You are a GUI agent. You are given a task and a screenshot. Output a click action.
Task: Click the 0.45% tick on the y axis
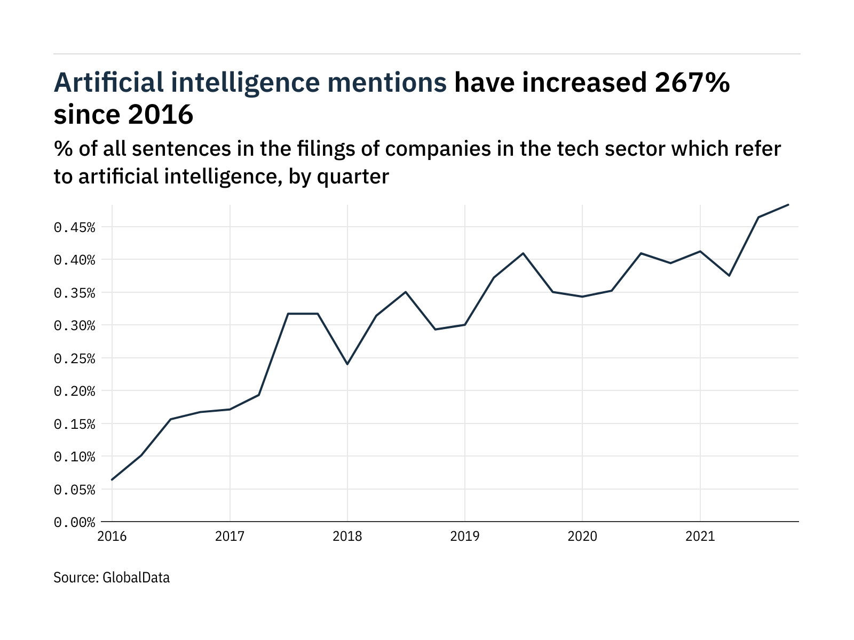tap(74, 228)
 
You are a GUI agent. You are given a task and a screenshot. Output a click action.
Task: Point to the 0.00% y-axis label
tap(74, 522)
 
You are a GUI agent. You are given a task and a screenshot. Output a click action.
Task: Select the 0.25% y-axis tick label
tap(74, 358)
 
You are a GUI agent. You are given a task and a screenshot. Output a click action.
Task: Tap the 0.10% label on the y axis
tap(74, 457)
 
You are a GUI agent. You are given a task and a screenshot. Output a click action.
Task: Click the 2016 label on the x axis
tap(112, 536)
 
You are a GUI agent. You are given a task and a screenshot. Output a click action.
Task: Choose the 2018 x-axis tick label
tap(347, 536)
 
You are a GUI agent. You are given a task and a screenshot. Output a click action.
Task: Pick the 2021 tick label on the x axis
tap(700, 536)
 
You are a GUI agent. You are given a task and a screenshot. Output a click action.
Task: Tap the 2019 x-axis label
tap(465, 536)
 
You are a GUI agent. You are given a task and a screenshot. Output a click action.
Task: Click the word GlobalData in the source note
tap(136, 578)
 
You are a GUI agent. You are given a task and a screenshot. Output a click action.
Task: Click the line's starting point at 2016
tap(112, 479)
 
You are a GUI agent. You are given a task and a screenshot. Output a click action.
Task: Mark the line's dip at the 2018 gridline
tap(347, 364)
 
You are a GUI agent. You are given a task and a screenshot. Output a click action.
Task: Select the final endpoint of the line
tap(788, 205)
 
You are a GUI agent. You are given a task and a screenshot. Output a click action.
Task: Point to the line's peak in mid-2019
tap(523, 253)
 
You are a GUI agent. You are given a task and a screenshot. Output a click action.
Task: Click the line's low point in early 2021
tap(729, 275)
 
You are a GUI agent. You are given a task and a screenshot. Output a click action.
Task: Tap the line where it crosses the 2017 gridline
tap(230, 409)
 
